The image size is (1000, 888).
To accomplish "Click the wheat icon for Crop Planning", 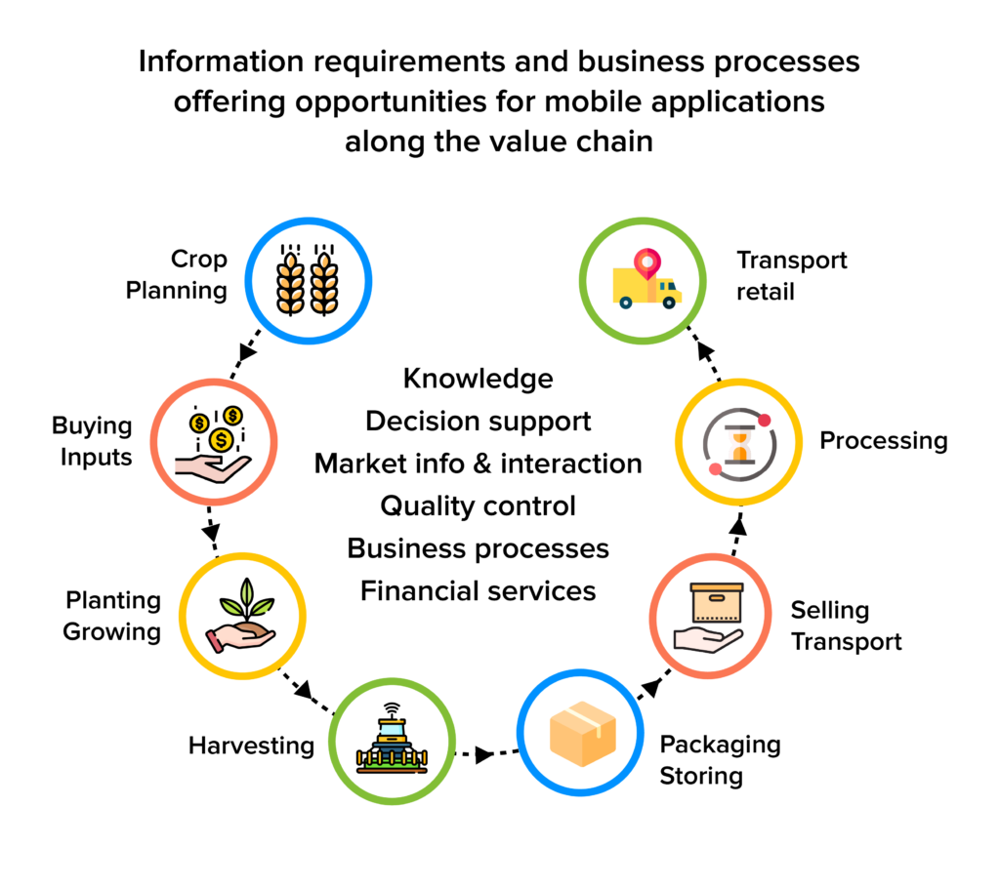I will point(309,280).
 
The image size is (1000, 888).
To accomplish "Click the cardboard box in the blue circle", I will point(582,734).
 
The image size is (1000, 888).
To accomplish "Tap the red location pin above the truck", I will point(646,262).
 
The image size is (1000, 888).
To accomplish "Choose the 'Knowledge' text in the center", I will point(478,378).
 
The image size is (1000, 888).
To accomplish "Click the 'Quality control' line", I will point(478,505).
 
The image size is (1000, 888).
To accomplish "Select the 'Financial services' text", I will point(478,590).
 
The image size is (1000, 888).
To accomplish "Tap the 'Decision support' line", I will point(478,421).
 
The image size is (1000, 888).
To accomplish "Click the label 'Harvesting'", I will point(251,747).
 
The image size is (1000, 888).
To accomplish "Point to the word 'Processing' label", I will point(883,440).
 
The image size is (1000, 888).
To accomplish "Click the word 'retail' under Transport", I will point(766,292).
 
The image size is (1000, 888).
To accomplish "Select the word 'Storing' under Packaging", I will point(701,777).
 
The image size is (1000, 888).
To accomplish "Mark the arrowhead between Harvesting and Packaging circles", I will point(482,754).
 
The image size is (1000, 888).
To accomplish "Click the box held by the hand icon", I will point(717,602).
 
